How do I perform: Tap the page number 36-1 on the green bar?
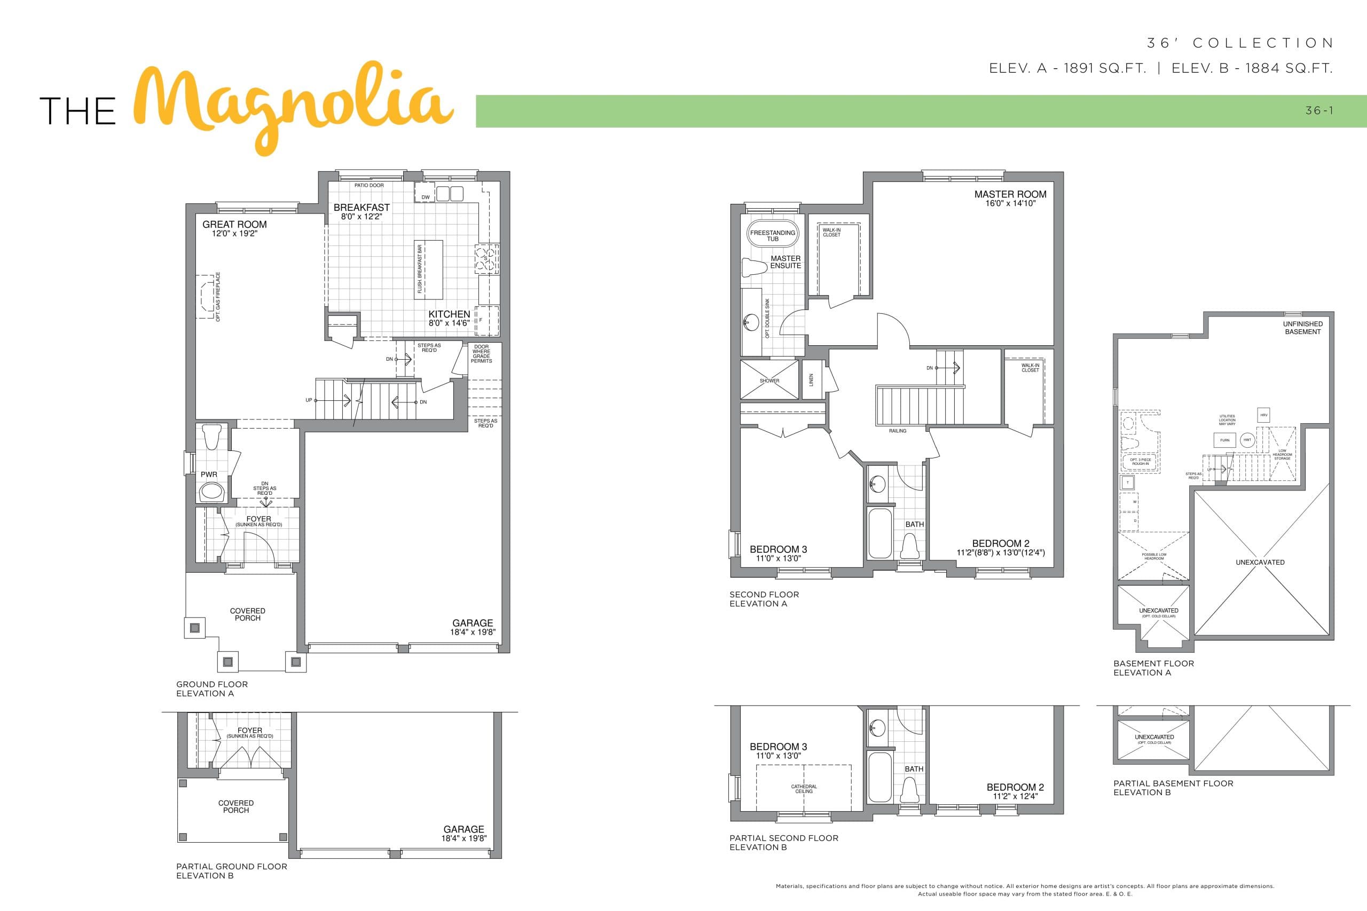(x=1319, y=110)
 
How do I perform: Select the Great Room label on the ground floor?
(x=234, y=225)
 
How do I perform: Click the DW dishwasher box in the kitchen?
(x=426, y=197)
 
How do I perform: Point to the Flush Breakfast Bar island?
(x=428, y=269)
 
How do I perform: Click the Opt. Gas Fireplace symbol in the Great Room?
(x=206, y=297)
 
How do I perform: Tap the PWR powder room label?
(x=209, y=474)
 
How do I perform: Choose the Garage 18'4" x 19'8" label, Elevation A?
(x=473, y=627)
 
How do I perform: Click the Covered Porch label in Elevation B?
(x=235, y=806)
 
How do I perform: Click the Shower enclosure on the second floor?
(x=769, y=381)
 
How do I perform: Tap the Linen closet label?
(x=811, y=380)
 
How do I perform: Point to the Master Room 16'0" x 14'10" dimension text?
(x=1010, y=203)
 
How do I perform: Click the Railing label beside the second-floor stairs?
(x=898, y=431)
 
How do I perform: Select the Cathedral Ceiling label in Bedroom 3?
(x=804, y=789)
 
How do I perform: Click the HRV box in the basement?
(x=1263, y=415)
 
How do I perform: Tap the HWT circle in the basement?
(x=1247, y=440)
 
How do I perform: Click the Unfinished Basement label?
(x=1302, y=328)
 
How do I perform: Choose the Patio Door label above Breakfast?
(x=369, y=185)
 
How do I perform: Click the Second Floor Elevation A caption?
(x=764, y=599)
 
